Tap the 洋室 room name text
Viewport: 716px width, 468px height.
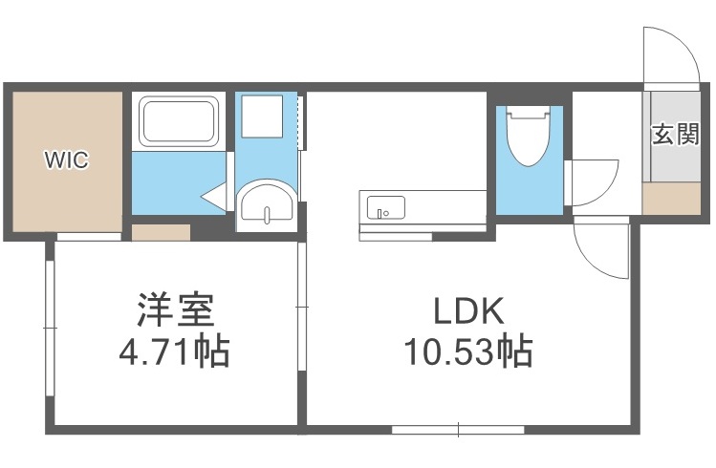[174, 310]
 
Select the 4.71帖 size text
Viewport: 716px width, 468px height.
[174, 353]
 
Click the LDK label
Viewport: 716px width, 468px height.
[467, 310]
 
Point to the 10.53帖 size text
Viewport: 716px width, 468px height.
[467, 353]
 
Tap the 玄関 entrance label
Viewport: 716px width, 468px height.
[675, 134]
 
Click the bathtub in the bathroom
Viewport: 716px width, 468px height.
[181, 120]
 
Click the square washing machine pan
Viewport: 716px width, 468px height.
[263, 118]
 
